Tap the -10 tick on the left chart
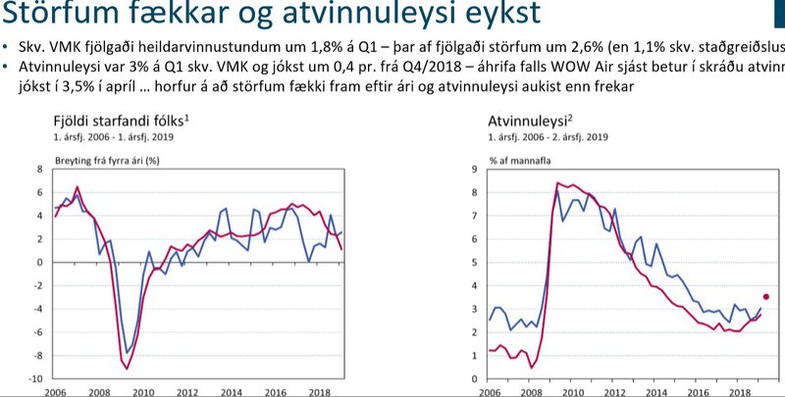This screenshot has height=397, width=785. tap(35, 379)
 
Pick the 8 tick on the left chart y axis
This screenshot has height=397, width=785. tap(40, 169)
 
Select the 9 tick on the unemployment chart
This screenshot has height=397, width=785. tap(475, 169)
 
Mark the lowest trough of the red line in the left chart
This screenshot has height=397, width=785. tap(128, 369)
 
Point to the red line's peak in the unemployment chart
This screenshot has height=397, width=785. tap(557, 183)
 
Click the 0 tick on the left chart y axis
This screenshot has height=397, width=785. tap(40, 262)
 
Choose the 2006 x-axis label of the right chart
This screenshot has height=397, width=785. tap(489, 390)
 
